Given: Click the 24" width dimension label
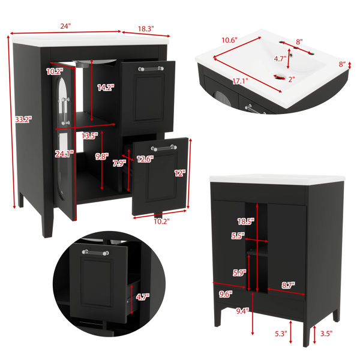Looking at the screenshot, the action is [x=65, y=26].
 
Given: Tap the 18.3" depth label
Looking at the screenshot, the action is [x=146, y=29].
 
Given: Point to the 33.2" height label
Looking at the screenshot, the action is [x=23, y=119].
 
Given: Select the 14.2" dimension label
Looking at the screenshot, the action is [x=106, y=88].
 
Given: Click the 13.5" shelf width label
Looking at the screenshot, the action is [x=90, y=136].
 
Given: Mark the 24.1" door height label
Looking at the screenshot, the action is [x=64, y=154].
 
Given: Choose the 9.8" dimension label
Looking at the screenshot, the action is [x=102, y=157].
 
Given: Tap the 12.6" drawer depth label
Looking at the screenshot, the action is [x=145, y=159].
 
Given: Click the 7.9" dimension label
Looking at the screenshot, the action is [x=119, y=163].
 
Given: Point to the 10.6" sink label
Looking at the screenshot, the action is [x=229, y=40].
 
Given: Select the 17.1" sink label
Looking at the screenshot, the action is [x=240, y=81].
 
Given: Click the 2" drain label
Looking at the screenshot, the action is [x=292, y=79].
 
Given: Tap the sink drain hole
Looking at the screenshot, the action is [x=279, y=77].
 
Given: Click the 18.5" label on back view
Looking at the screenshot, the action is [x=246, y=221].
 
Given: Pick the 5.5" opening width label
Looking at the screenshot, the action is [x=238, y=236].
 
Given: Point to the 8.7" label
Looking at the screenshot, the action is [x=288, y=285].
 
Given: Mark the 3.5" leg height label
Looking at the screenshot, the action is [x=326, y=334].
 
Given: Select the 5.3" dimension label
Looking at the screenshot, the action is [x=281, y=334].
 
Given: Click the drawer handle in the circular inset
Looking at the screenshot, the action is [x=95, y=253].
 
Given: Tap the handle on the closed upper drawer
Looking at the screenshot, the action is [x=151, y=68].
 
